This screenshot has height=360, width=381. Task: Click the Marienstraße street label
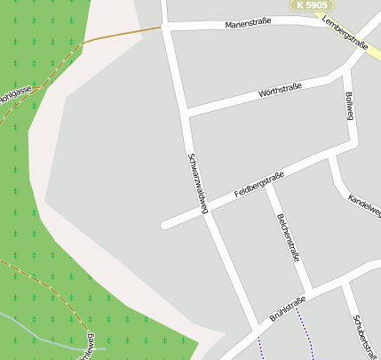pyautogui.click(x=248, y=23)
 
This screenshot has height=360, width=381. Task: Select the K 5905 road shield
pyautogui.click(x=313, y=5)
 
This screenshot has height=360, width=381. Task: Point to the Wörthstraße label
pyautogui.click(x=280, y=90)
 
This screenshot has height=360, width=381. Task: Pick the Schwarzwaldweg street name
pyautogui.click(x=197, y=183)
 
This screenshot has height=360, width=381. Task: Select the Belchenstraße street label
pyautogui.click(x=289, y=237)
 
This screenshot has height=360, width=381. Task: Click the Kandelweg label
pyautogui.click(x=365, y=205)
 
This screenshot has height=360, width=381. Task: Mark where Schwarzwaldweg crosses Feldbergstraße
pyautogui.click(x=203, y=209)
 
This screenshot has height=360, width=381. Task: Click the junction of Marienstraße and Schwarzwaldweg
pyautogui.click(x=167, y=27)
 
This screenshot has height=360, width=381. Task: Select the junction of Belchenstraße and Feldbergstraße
pyautogui.click(x=266, y=183)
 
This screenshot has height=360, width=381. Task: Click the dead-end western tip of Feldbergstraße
pyautogui.click(x=164, y=225)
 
